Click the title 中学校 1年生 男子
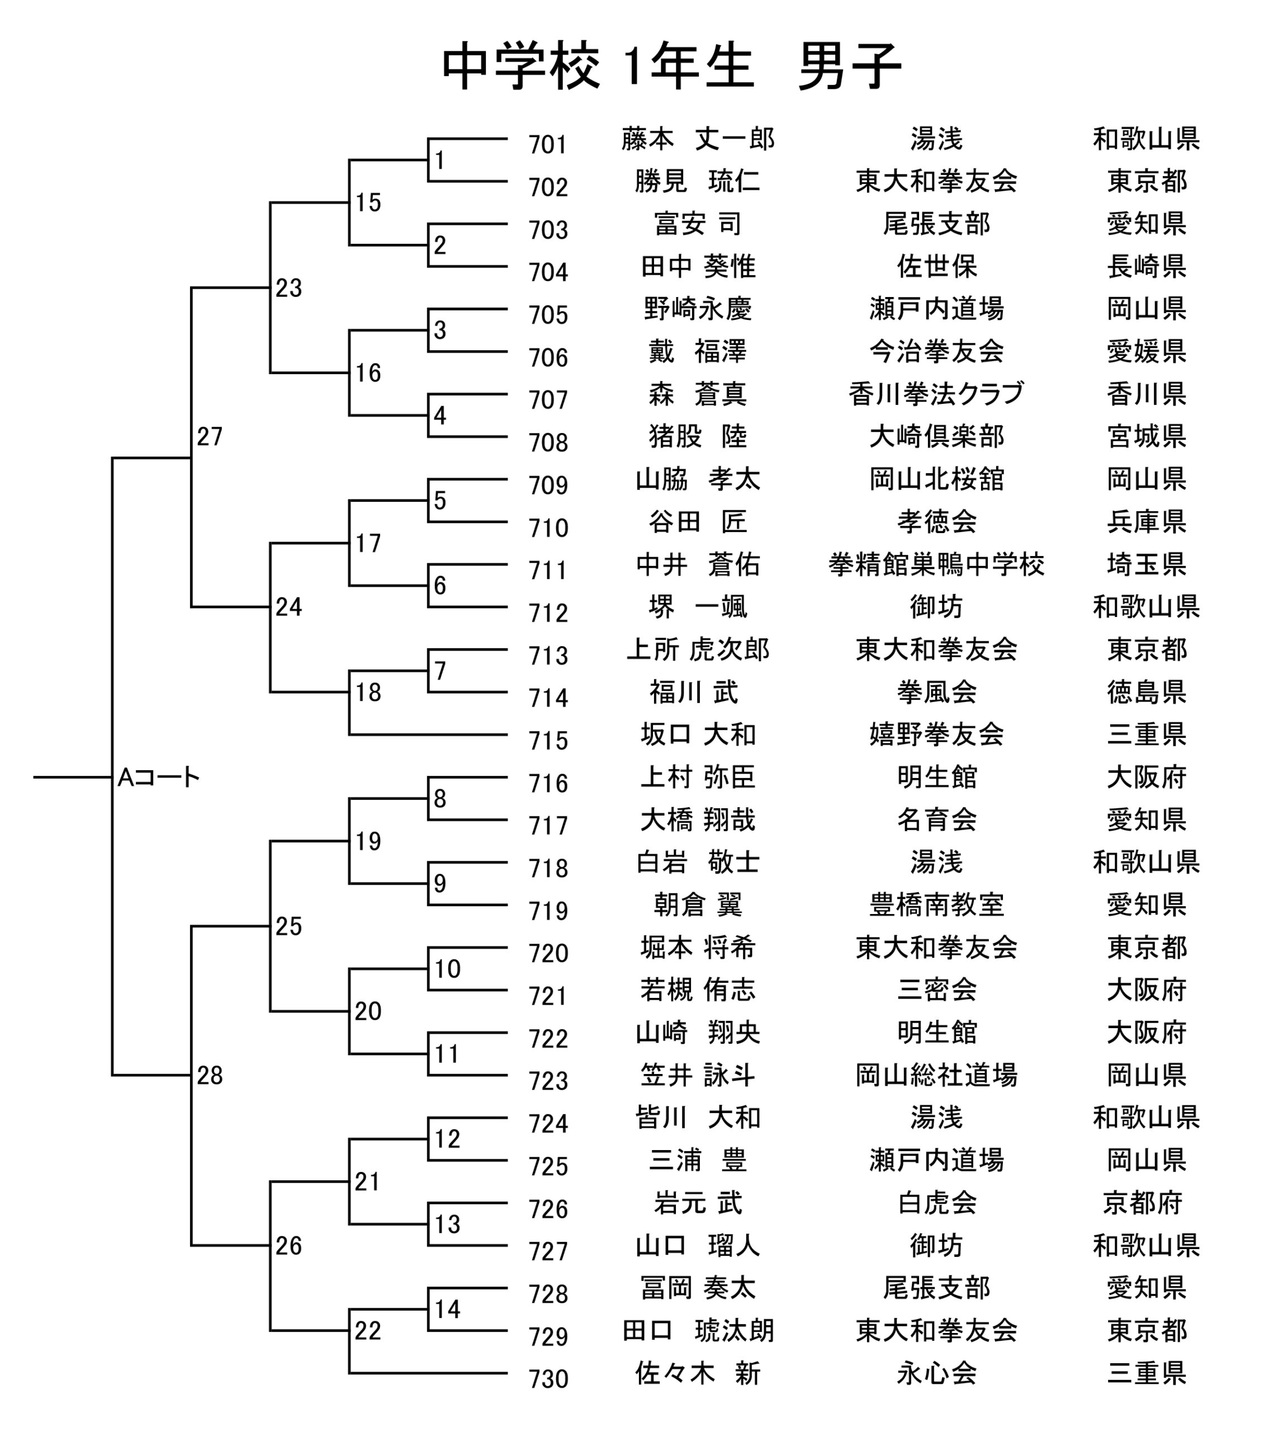point(671,66)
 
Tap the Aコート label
point(159,777)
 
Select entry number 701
point(548,145)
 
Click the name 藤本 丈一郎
point(698,139)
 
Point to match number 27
point(210,436)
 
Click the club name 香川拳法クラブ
point(936,394)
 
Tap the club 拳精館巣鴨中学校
point(936,564)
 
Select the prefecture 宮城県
point(1147,436)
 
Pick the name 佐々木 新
point(698,1373)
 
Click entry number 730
point(548,1379)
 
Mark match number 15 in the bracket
point(368,202)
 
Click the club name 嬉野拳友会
point(936,734)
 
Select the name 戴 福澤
point(698,351)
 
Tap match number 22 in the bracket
point(368,1330)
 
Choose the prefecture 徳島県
point(1147,691)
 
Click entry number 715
point(548,741)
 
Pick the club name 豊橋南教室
point(936,905)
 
